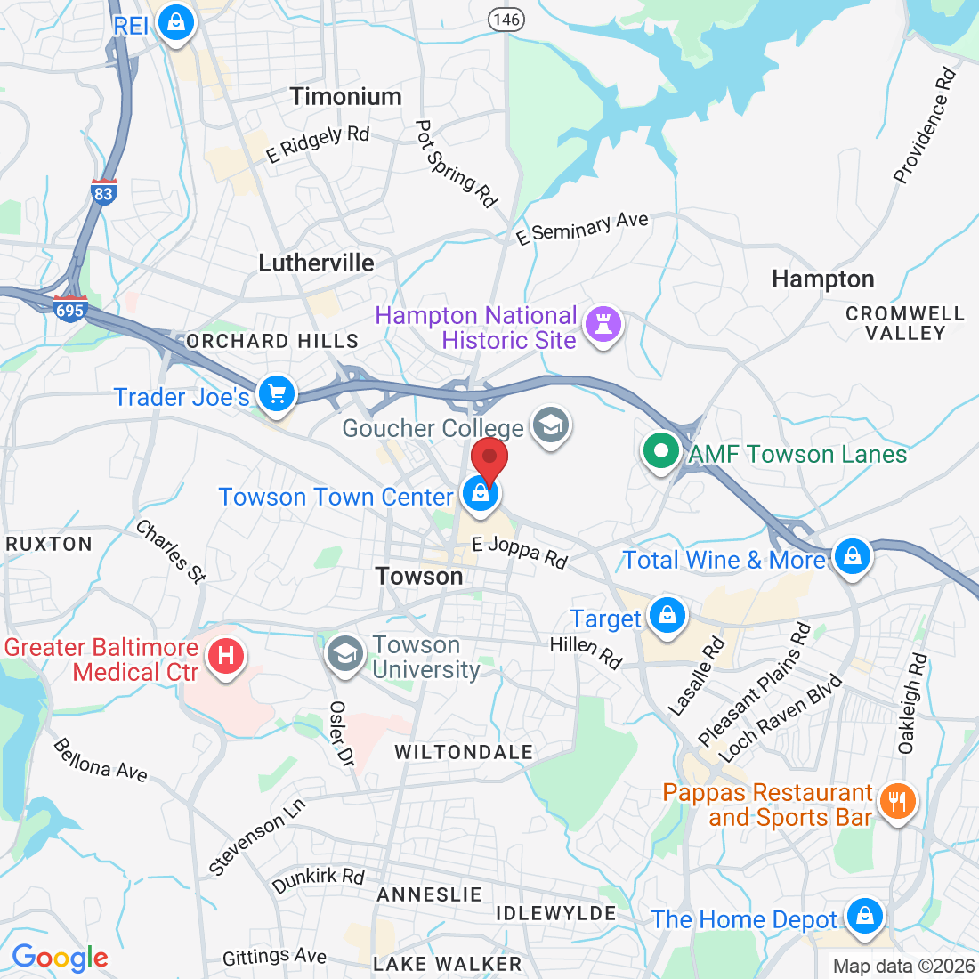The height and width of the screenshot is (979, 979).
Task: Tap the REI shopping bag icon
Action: pyautogui.click(x=176, y=21)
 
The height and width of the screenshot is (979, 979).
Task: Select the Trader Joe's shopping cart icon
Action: pyautogui.click(x=277, y=392)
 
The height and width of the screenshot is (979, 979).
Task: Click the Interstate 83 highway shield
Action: pyautogui.click(x=104, y=192)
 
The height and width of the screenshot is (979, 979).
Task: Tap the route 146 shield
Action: pyautogui.click(x=506, y=18)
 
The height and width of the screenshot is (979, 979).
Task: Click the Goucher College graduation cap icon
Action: pyautogui.click(x=550, y=425)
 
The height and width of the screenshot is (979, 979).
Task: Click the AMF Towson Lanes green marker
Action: pyautogui.click(x=661, y=451)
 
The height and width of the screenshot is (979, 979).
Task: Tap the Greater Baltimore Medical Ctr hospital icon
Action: pyautogui.click(x=226, y=657)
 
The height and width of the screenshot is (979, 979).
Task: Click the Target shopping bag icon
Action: pyautogui.click(x=667, y=616)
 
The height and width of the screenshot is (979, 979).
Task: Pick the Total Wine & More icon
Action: pyautogui.click(x=853, y=556)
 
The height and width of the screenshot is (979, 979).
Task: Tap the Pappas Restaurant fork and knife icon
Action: pyautogui.click(x=897, y=802)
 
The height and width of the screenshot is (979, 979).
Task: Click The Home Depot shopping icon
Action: pyautogui.click(x=863, y=916)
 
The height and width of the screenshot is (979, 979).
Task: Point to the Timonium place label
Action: pyautogui.click(x=345, y=96)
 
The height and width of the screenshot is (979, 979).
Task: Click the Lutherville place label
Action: pyautogui.click(x=316, y=263)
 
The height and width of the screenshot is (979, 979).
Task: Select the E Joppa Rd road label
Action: pyautogui.click(x=520, y=552)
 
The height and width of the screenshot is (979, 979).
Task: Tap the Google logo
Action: pyautogui.click(x=60, y=958)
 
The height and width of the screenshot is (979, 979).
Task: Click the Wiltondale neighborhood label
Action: pyautogui.click(x=464, y=752)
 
